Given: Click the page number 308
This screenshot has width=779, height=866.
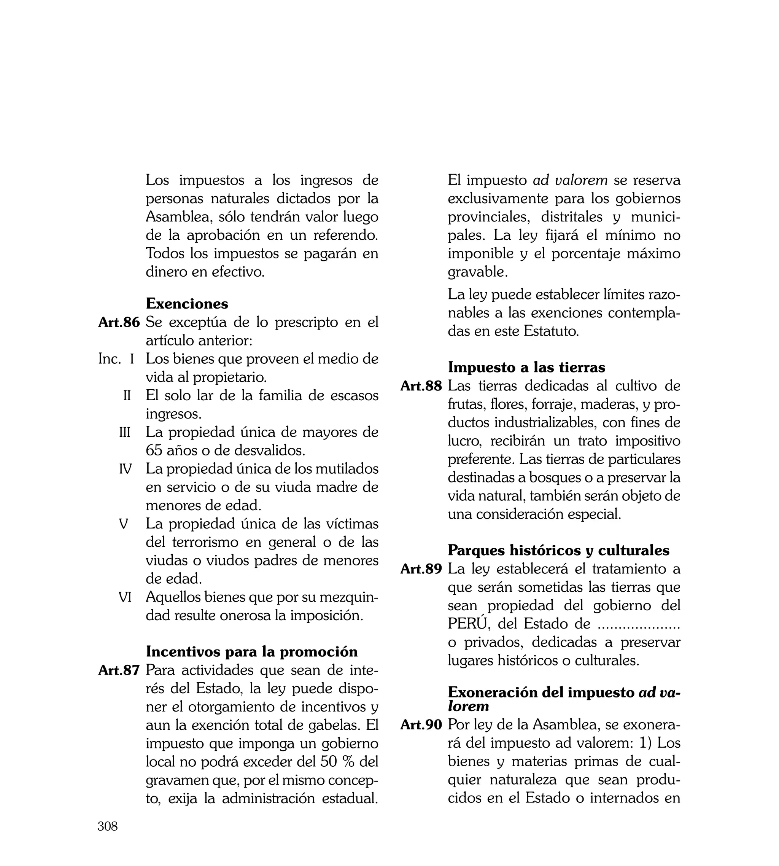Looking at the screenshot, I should point(107,826).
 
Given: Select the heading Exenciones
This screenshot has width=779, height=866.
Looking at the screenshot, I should point(187,304).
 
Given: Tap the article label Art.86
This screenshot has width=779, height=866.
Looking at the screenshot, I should point(119,322).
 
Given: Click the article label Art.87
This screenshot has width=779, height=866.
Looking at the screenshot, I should point(119,670).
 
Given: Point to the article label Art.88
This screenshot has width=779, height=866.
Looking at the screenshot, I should point(421,386).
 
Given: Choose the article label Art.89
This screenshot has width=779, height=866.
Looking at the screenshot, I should point(421,569).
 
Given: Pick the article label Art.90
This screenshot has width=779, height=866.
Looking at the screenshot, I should point(421,725).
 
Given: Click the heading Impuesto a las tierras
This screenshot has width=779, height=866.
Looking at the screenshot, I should point(526,367).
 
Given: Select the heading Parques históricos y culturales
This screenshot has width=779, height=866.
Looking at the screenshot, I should point(558,550).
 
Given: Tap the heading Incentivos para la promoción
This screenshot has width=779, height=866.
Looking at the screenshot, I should point(252,651).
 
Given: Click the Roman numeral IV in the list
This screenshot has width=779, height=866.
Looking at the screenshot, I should point(125,469).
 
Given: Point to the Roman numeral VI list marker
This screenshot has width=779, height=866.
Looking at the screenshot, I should point(125,597).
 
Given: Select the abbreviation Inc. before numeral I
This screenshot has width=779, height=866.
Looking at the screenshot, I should point(110,359).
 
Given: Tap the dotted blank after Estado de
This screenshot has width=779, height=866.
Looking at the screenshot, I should point(638,626).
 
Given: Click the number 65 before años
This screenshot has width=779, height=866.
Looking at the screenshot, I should point(155,451).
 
